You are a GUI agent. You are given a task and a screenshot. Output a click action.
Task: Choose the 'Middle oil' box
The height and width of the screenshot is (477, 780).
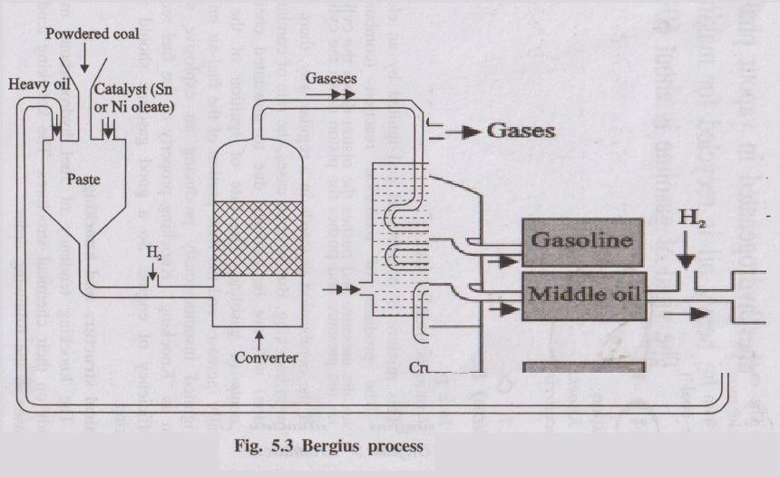tap(582, 295)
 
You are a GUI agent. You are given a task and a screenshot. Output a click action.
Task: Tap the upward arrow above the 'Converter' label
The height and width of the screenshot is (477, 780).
tap(259, 338)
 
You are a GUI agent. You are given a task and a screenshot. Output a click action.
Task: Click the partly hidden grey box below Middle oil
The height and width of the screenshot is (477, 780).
tap(582, 367)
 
